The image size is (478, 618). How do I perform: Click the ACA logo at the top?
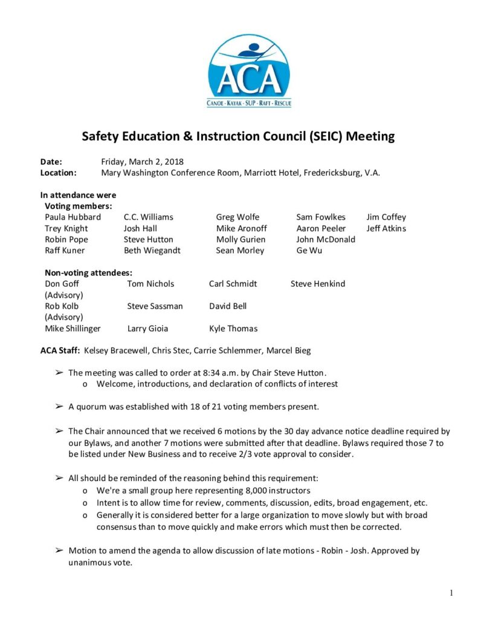point(249,71)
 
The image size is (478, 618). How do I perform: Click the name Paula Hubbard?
point(73,217)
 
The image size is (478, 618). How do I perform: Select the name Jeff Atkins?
point(386,229)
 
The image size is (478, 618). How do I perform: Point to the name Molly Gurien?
point(241,240)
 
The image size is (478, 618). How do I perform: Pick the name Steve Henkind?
point(318,284)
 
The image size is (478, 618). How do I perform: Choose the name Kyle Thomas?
point(233,329)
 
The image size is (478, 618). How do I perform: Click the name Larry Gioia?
point(147,329)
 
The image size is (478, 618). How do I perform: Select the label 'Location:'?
point(58,173)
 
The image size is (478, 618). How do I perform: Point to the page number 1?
point(451,593)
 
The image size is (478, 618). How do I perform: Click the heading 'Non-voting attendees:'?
point(88,273)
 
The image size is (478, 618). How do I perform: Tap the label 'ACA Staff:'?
point(60,351)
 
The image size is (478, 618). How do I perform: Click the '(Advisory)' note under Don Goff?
point(64,295)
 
